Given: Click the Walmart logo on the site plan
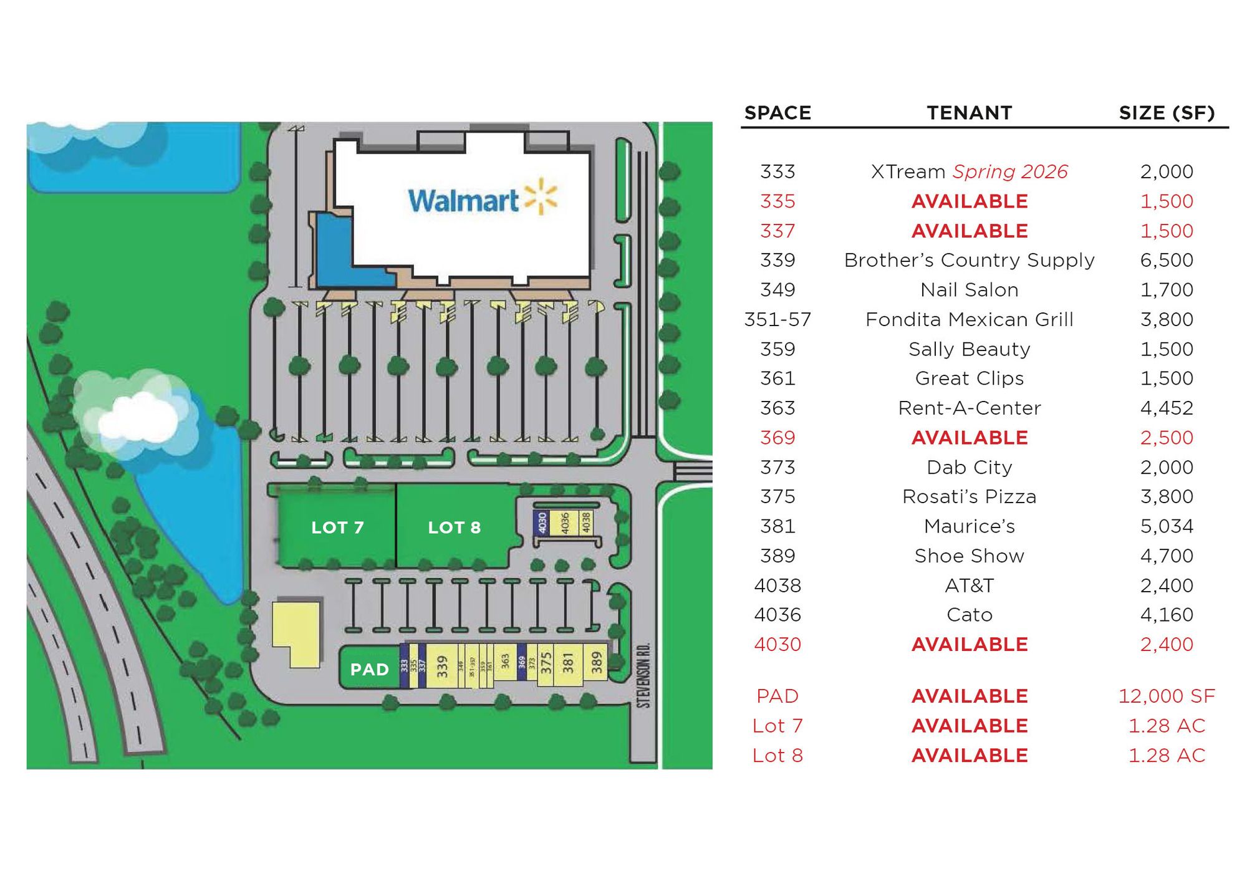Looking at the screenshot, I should coord(482,199).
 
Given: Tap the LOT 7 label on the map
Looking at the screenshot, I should coord(337,527).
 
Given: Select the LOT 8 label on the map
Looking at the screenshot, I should coord(454,527).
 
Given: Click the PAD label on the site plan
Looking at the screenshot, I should coord(369,669).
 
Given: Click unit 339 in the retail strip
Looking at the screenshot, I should coord(442,666).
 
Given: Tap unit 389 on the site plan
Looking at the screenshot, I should coord(597,662).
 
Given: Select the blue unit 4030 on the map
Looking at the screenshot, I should coord(542,523).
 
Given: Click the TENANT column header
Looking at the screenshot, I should coord(969,113).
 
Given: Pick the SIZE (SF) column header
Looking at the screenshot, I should coord(1167,113).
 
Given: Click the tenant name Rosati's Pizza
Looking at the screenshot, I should coord(969,496).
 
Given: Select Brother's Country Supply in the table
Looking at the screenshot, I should coord(969,260).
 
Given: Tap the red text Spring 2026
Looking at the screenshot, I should coord(1010,171).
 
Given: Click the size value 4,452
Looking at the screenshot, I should coord(1167,408).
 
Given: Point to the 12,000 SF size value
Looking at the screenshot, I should coord(1167,696).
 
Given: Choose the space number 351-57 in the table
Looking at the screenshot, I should coord(778,319).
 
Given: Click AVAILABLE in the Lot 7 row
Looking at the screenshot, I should coord(969,726).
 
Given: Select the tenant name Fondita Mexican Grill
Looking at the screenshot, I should coord(969,319).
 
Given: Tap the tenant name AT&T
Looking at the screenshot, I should coord(969,585).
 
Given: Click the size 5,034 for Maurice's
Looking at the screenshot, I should coord(1167,526).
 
